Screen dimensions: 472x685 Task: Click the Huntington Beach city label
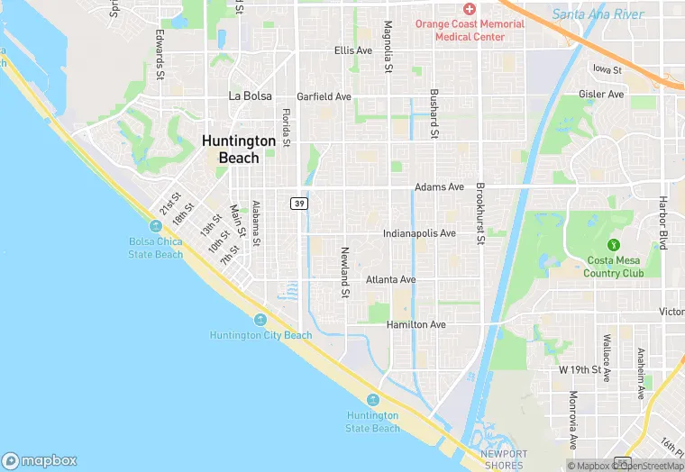pyautogui.click(x=239, y=150)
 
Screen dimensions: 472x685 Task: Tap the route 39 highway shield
pyautogui.click(x=298, y=204)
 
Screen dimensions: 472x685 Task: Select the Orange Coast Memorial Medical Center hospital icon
pyautogui.click(x=469, y=7)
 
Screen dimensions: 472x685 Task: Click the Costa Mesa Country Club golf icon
pyautogui.click(x=616, y=244)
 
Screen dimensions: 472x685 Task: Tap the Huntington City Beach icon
pyautogui.click(x=260, y=321)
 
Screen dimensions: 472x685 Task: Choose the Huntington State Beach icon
pyautogui.click(x=372, y=400)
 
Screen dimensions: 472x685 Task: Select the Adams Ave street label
pyautogui.click(x=439, y=187)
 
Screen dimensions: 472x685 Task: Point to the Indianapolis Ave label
pyautogui.click(x=419, y=233)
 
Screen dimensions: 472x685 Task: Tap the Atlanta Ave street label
pyautogui.click(x=390, y=280)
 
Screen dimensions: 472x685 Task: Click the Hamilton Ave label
pyautogui.click(x=416, y=324)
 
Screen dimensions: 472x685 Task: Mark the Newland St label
pyautogui.click(x=344, y=272)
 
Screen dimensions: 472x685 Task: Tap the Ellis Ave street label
pyautogui.click(x=352, y=50)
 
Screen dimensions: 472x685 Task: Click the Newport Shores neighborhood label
pyautogui.click(x=503, y=459)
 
